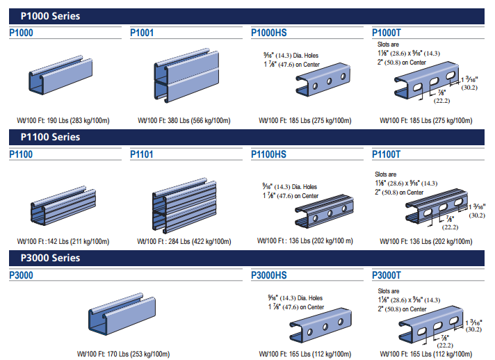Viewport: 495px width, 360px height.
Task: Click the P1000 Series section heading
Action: (x=50, y=15)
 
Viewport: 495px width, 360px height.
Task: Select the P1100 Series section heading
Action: (x=50, y=137)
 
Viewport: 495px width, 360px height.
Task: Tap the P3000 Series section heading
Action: (x=50, y=258)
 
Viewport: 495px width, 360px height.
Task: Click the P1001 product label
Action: (x=143, y=32)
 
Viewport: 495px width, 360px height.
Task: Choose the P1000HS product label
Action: (x=268, y=32)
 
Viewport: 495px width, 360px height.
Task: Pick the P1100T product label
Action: (x=387, y=154)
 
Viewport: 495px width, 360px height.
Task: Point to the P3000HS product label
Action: (x=268, y=275)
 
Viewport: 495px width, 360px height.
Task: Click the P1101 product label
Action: (x=143, y=154)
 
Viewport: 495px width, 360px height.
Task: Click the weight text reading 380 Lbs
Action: (x=184, y=120)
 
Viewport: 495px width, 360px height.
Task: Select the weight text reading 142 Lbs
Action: (x=63, y=242)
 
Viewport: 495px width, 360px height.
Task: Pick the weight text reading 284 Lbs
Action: (x=184, y=242)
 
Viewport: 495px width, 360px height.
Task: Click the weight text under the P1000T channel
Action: (x=426, y=120)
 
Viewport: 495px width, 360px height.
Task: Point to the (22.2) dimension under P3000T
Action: (x=445, y=344)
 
